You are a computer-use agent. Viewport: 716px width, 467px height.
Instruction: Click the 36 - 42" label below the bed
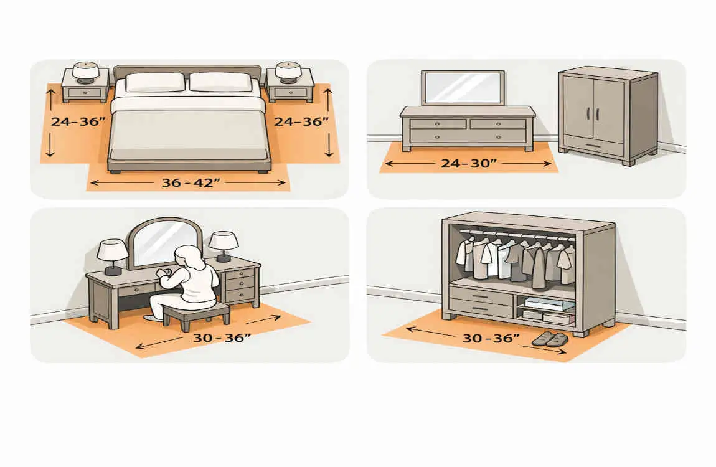[191, 182]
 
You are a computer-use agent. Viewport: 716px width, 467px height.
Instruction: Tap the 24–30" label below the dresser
[468, 163]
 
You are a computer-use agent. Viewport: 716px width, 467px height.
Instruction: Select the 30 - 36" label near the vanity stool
[222, 338]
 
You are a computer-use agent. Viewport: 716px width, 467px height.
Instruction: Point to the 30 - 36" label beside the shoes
[491, 338]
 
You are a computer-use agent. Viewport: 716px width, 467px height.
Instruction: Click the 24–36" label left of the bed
[78, 121]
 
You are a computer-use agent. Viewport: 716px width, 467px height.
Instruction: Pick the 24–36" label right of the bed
[301, 121]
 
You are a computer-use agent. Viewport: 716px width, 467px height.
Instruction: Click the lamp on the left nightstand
[86, 73]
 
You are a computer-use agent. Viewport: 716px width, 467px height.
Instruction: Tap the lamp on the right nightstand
[288, 73]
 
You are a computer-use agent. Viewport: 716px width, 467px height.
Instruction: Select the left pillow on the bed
[155, 82]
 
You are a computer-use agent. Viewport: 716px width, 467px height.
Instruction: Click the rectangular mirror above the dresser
[463, 88]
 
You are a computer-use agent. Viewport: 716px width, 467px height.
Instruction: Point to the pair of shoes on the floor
[550, 339]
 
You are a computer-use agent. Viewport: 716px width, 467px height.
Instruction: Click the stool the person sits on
[196, 314]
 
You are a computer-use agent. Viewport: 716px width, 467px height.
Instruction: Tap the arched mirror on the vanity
[164, 243]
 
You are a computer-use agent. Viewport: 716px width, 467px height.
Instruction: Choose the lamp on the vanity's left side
[112, 257]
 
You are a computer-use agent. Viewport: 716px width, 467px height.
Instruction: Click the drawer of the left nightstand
[85, 93]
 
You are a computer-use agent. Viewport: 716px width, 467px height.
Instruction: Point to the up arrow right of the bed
[327, 99]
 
